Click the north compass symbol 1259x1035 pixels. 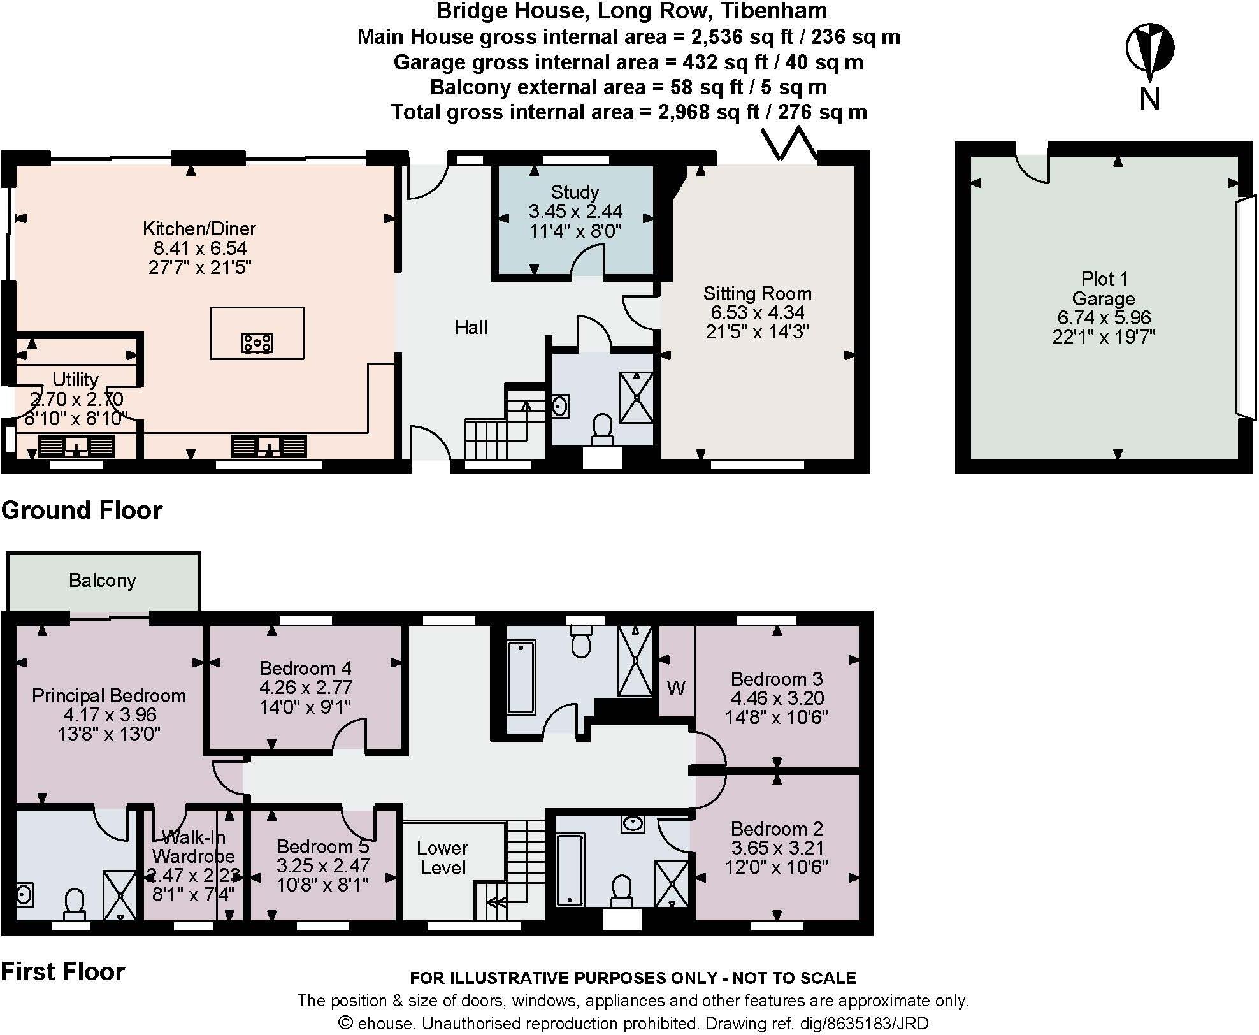tap(1149, 50)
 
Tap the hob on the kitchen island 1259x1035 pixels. tap(257, 343)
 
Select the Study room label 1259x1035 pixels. tap(575, 192)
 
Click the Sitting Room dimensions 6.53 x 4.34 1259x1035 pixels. tap(757, 312)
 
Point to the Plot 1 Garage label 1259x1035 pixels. tap(1104, 288)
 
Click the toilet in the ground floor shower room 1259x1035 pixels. tap(602, 428)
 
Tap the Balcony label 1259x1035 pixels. tap(102, 581)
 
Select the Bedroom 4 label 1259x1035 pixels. tap(305, 668)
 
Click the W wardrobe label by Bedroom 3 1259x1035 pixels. tap(676, 688)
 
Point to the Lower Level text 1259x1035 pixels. tap(442, 858)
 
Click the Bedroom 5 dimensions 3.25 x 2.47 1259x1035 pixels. tap(322, 865)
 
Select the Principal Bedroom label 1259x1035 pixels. tap(109, 695)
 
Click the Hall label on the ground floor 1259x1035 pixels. tap(471, 327)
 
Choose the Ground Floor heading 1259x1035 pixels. tap(82, 510)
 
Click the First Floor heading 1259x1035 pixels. tap(62, 971)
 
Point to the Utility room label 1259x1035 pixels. tap(75, 379)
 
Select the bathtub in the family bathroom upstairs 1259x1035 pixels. tap(521, 677)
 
